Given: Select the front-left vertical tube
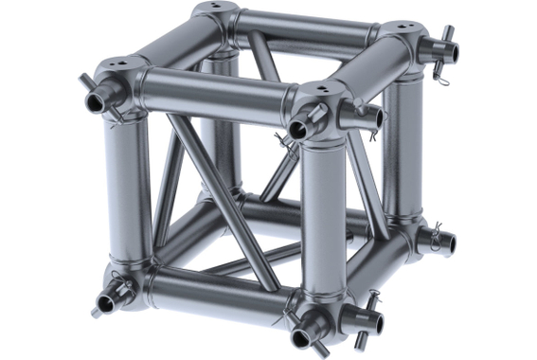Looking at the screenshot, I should (129, 185).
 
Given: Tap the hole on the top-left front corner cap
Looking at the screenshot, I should (128, 66).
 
